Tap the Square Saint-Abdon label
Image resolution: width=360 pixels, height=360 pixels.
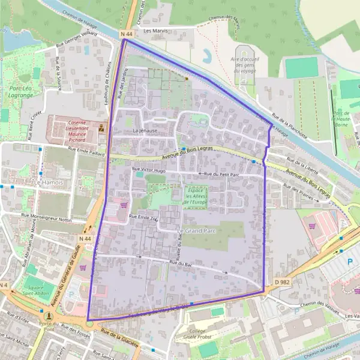tap(40, 290)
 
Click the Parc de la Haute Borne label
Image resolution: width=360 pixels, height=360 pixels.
tap(341, 119)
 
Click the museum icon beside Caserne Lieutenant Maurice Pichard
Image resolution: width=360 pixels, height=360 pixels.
tap(101, 128)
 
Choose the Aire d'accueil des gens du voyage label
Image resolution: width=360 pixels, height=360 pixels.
tap(244, 64)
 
